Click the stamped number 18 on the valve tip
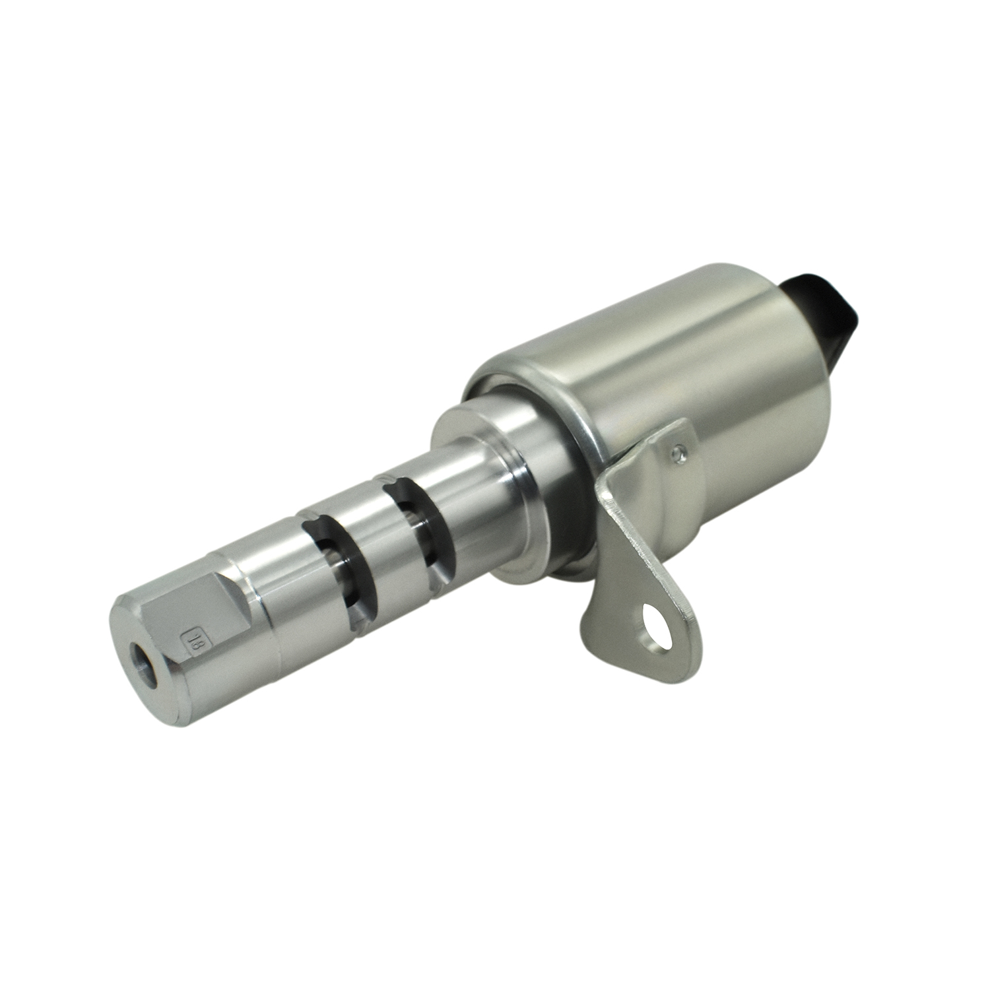[194, 640]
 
